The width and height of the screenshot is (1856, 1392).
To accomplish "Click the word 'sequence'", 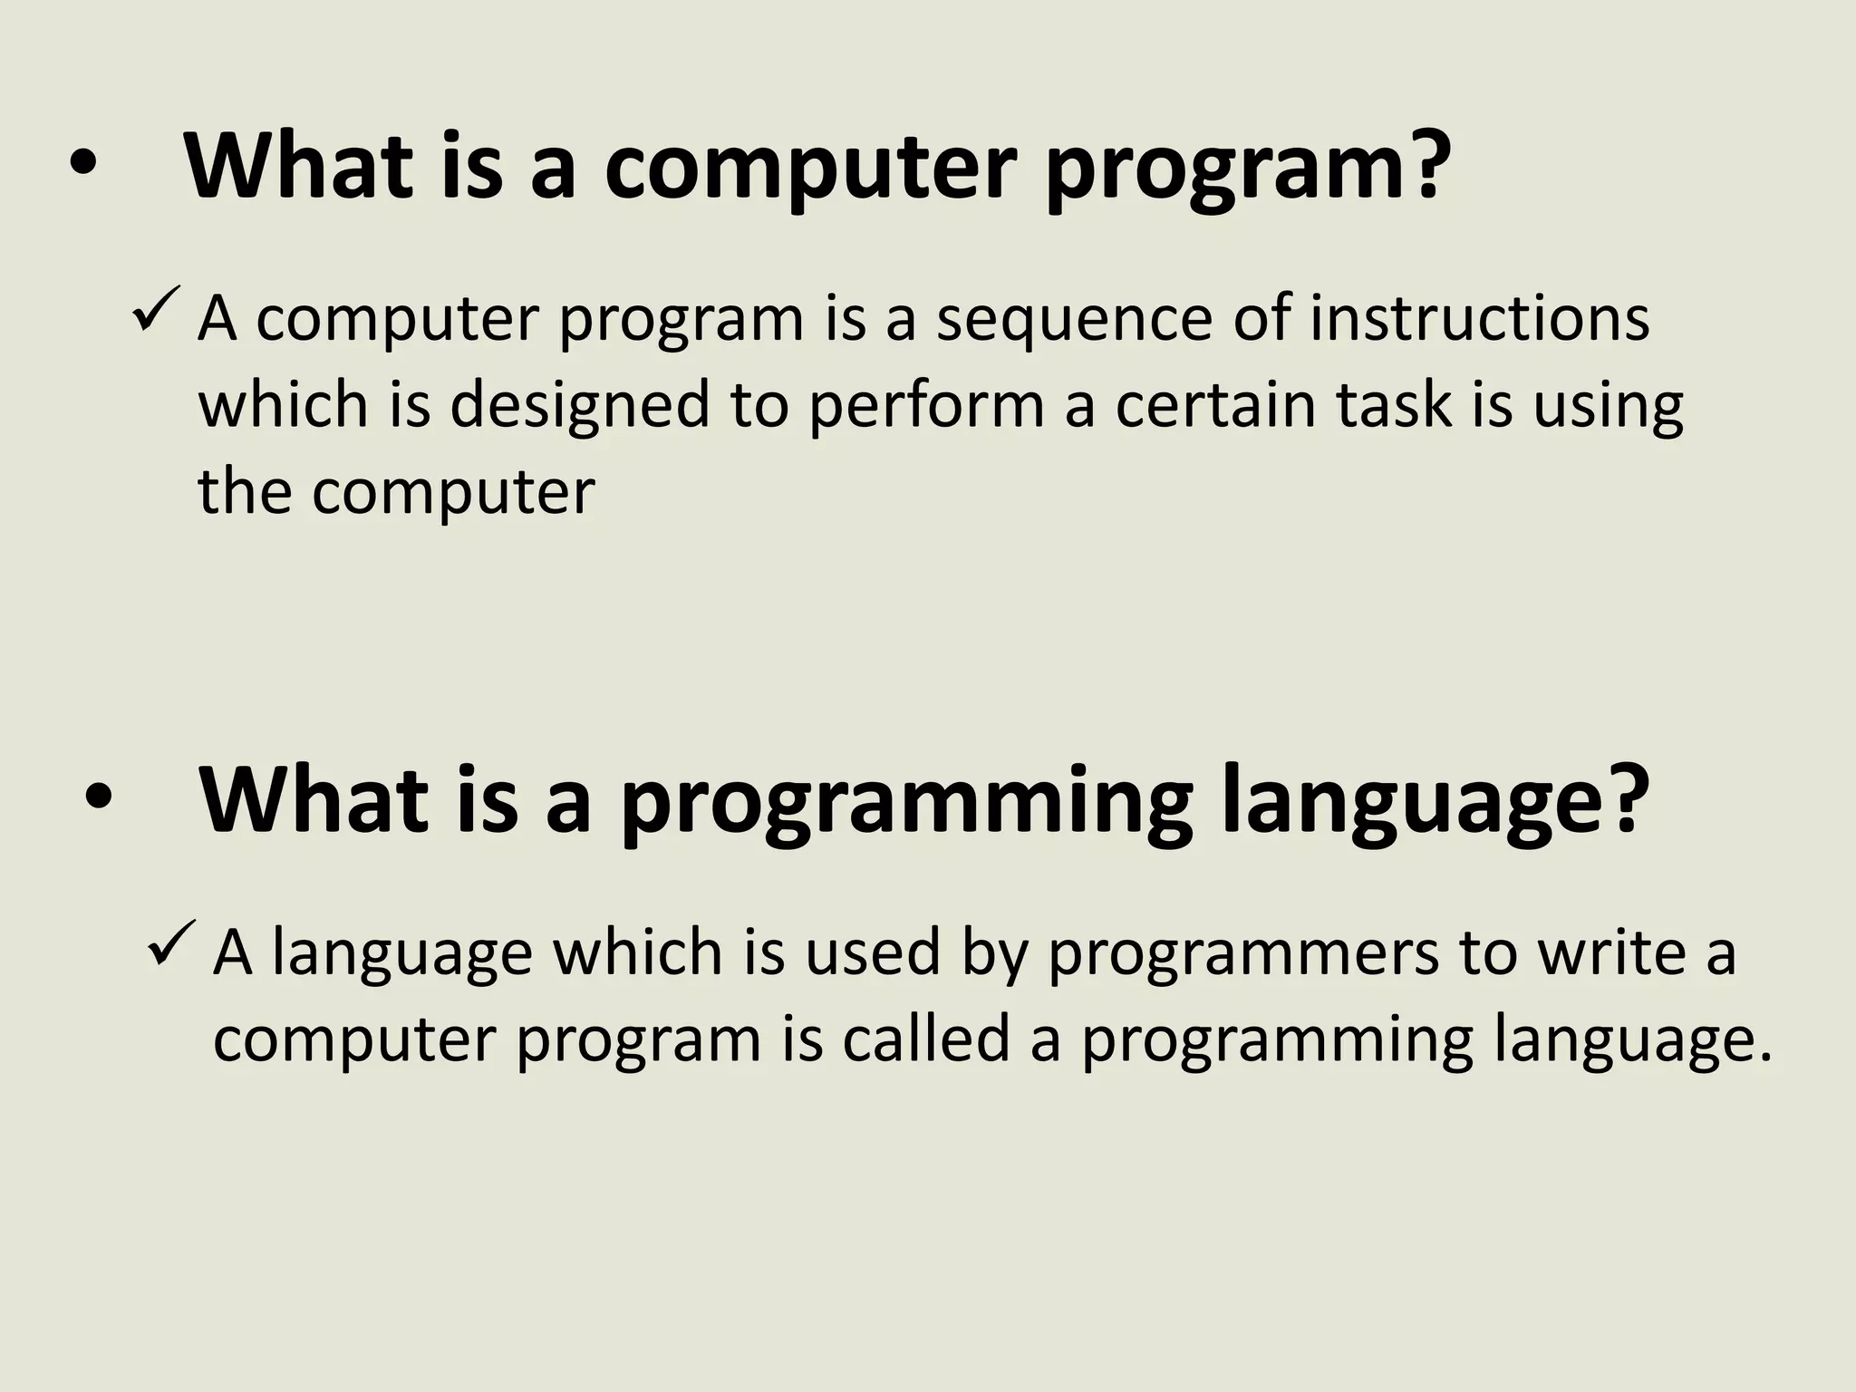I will [1074, 322].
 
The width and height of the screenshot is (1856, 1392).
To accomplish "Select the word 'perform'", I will [926, 406].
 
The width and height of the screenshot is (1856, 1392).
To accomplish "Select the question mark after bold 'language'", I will [1621, 797].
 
